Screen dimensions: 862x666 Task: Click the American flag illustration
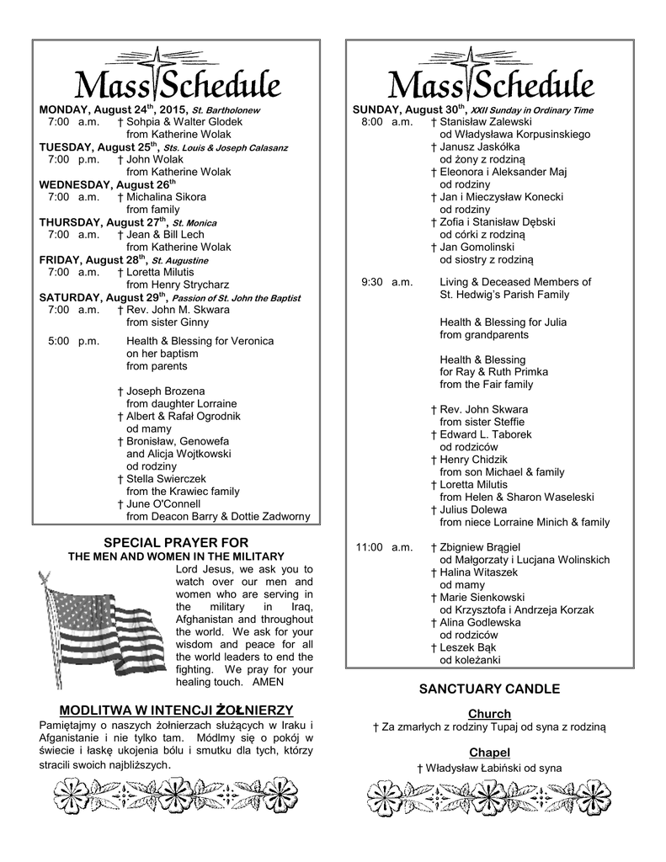pos(99,622)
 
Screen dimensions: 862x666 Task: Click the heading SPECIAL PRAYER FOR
pos(175,543)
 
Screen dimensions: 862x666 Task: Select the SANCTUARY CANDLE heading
pos(489,689)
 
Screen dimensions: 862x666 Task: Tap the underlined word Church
pos(489,714)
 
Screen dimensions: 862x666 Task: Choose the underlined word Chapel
pos(489,753)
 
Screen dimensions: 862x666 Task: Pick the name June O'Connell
pos(163,504)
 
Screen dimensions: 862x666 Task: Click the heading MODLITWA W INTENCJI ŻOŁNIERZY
pos(175,710)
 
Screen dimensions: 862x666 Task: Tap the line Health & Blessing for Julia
pos(503,322)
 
